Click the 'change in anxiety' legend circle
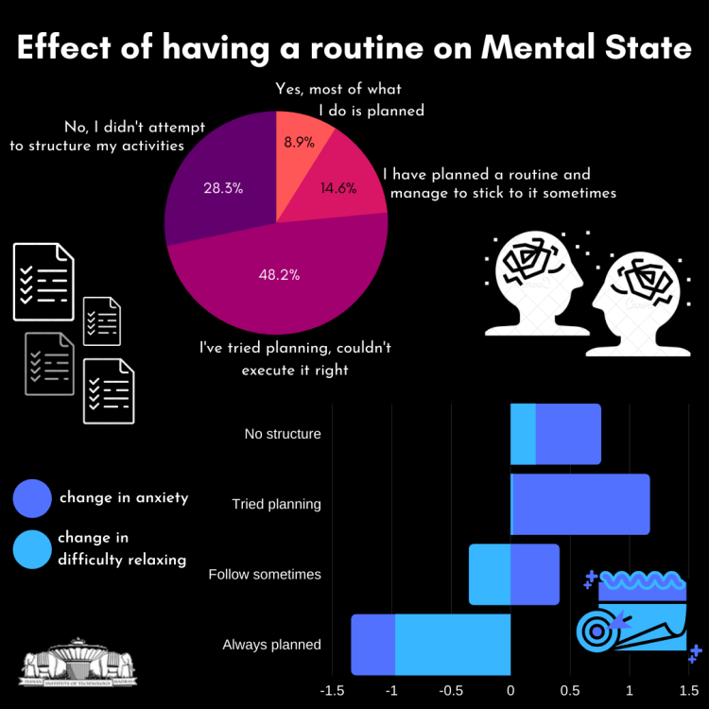[31, 498]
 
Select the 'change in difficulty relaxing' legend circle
[31, 549]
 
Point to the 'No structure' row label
[282, 435]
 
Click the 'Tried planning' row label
[276, 504]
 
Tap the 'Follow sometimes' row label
[265, 575]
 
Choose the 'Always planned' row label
[271, 645]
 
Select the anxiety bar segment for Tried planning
[581, 504]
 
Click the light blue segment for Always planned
[452, 645]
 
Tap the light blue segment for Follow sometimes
[490, 575]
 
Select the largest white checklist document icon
[43, 281]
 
